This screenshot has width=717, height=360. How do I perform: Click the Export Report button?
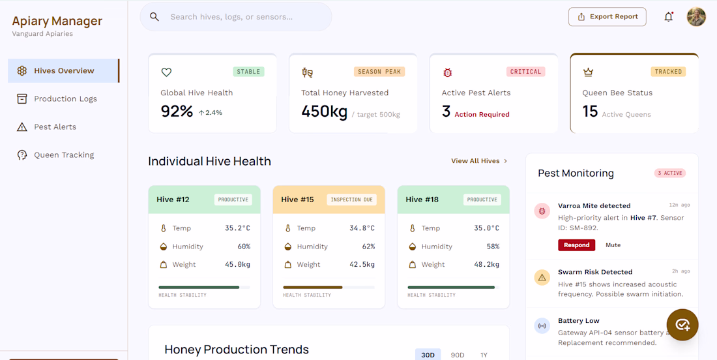pos(607,17)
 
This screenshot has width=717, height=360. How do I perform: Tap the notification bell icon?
pos(669,17)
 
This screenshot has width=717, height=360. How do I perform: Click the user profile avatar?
pos(696,17)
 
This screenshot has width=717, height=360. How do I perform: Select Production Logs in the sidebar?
pos(65,99)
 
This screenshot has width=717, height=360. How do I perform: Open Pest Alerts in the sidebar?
pos(55,127)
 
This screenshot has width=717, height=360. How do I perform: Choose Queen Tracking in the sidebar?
pos(64,155)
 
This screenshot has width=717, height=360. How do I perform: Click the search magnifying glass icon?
pos(154,17)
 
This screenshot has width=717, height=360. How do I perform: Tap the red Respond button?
pos(577,245)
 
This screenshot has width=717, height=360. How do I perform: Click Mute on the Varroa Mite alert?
pos(613,245)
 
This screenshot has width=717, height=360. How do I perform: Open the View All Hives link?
pos(479,161)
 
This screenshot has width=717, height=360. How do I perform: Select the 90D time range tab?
pos(458,355)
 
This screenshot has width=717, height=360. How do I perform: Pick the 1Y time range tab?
pos(484,355)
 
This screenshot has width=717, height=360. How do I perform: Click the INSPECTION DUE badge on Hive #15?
pos(351,200)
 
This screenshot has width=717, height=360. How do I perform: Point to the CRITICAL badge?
pos(526,72)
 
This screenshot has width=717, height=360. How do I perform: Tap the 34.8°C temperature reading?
pos(362,228)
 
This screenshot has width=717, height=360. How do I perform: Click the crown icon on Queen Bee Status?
pos(587,72)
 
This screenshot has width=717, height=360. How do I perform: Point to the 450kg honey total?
pos(324,111)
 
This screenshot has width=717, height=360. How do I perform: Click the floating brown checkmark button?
pos(682,325)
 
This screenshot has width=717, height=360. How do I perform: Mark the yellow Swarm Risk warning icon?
pos(542,277)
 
